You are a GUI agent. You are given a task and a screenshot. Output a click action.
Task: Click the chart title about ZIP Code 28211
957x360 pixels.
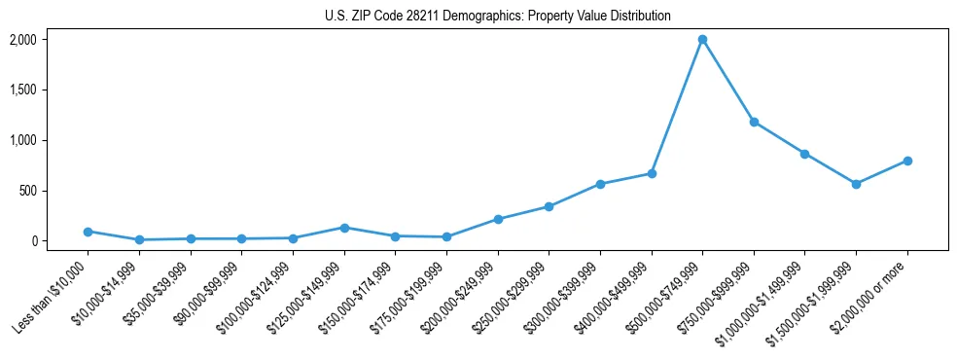pyautogui.click(x=497, y=17)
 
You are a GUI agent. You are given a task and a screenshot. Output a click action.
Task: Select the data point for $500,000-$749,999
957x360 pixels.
pyautogui.click(x=702, y=40)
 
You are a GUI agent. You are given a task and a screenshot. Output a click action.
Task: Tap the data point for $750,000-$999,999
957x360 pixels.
pyautogui.click(x=754, y=122)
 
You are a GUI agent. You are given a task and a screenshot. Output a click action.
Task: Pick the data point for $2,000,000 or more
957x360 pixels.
pyautogui.click(x=907, y=161)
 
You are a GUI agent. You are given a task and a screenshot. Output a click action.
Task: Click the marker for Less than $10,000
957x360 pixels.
pyautogui.click(x=88, y=232)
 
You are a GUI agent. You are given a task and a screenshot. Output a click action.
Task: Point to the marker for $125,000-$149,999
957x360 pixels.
pyautogui.click(x=343, y=228)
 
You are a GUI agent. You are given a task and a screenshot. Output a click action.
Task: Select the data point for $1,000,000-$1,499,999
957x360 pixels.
pyautogui.click(x=804, y=154)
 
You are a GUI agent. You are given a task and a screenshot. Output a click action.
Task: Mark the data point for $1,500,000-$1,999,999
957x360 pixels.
pyautogui.click(x=856, y=184)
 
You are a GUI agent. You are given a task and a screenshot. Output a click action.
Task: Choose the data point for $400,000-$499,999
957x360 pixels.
pyautogui.click(x=652, y=173)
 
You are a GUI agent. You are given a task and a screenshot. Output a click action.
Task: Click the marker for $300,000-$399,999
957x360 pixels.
pyautogui.click(x=600, y=184)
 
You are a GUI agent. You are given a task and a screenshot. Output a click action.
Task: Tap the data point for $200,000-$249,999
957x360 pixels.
pyautogui.click(x=498, y=219)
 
